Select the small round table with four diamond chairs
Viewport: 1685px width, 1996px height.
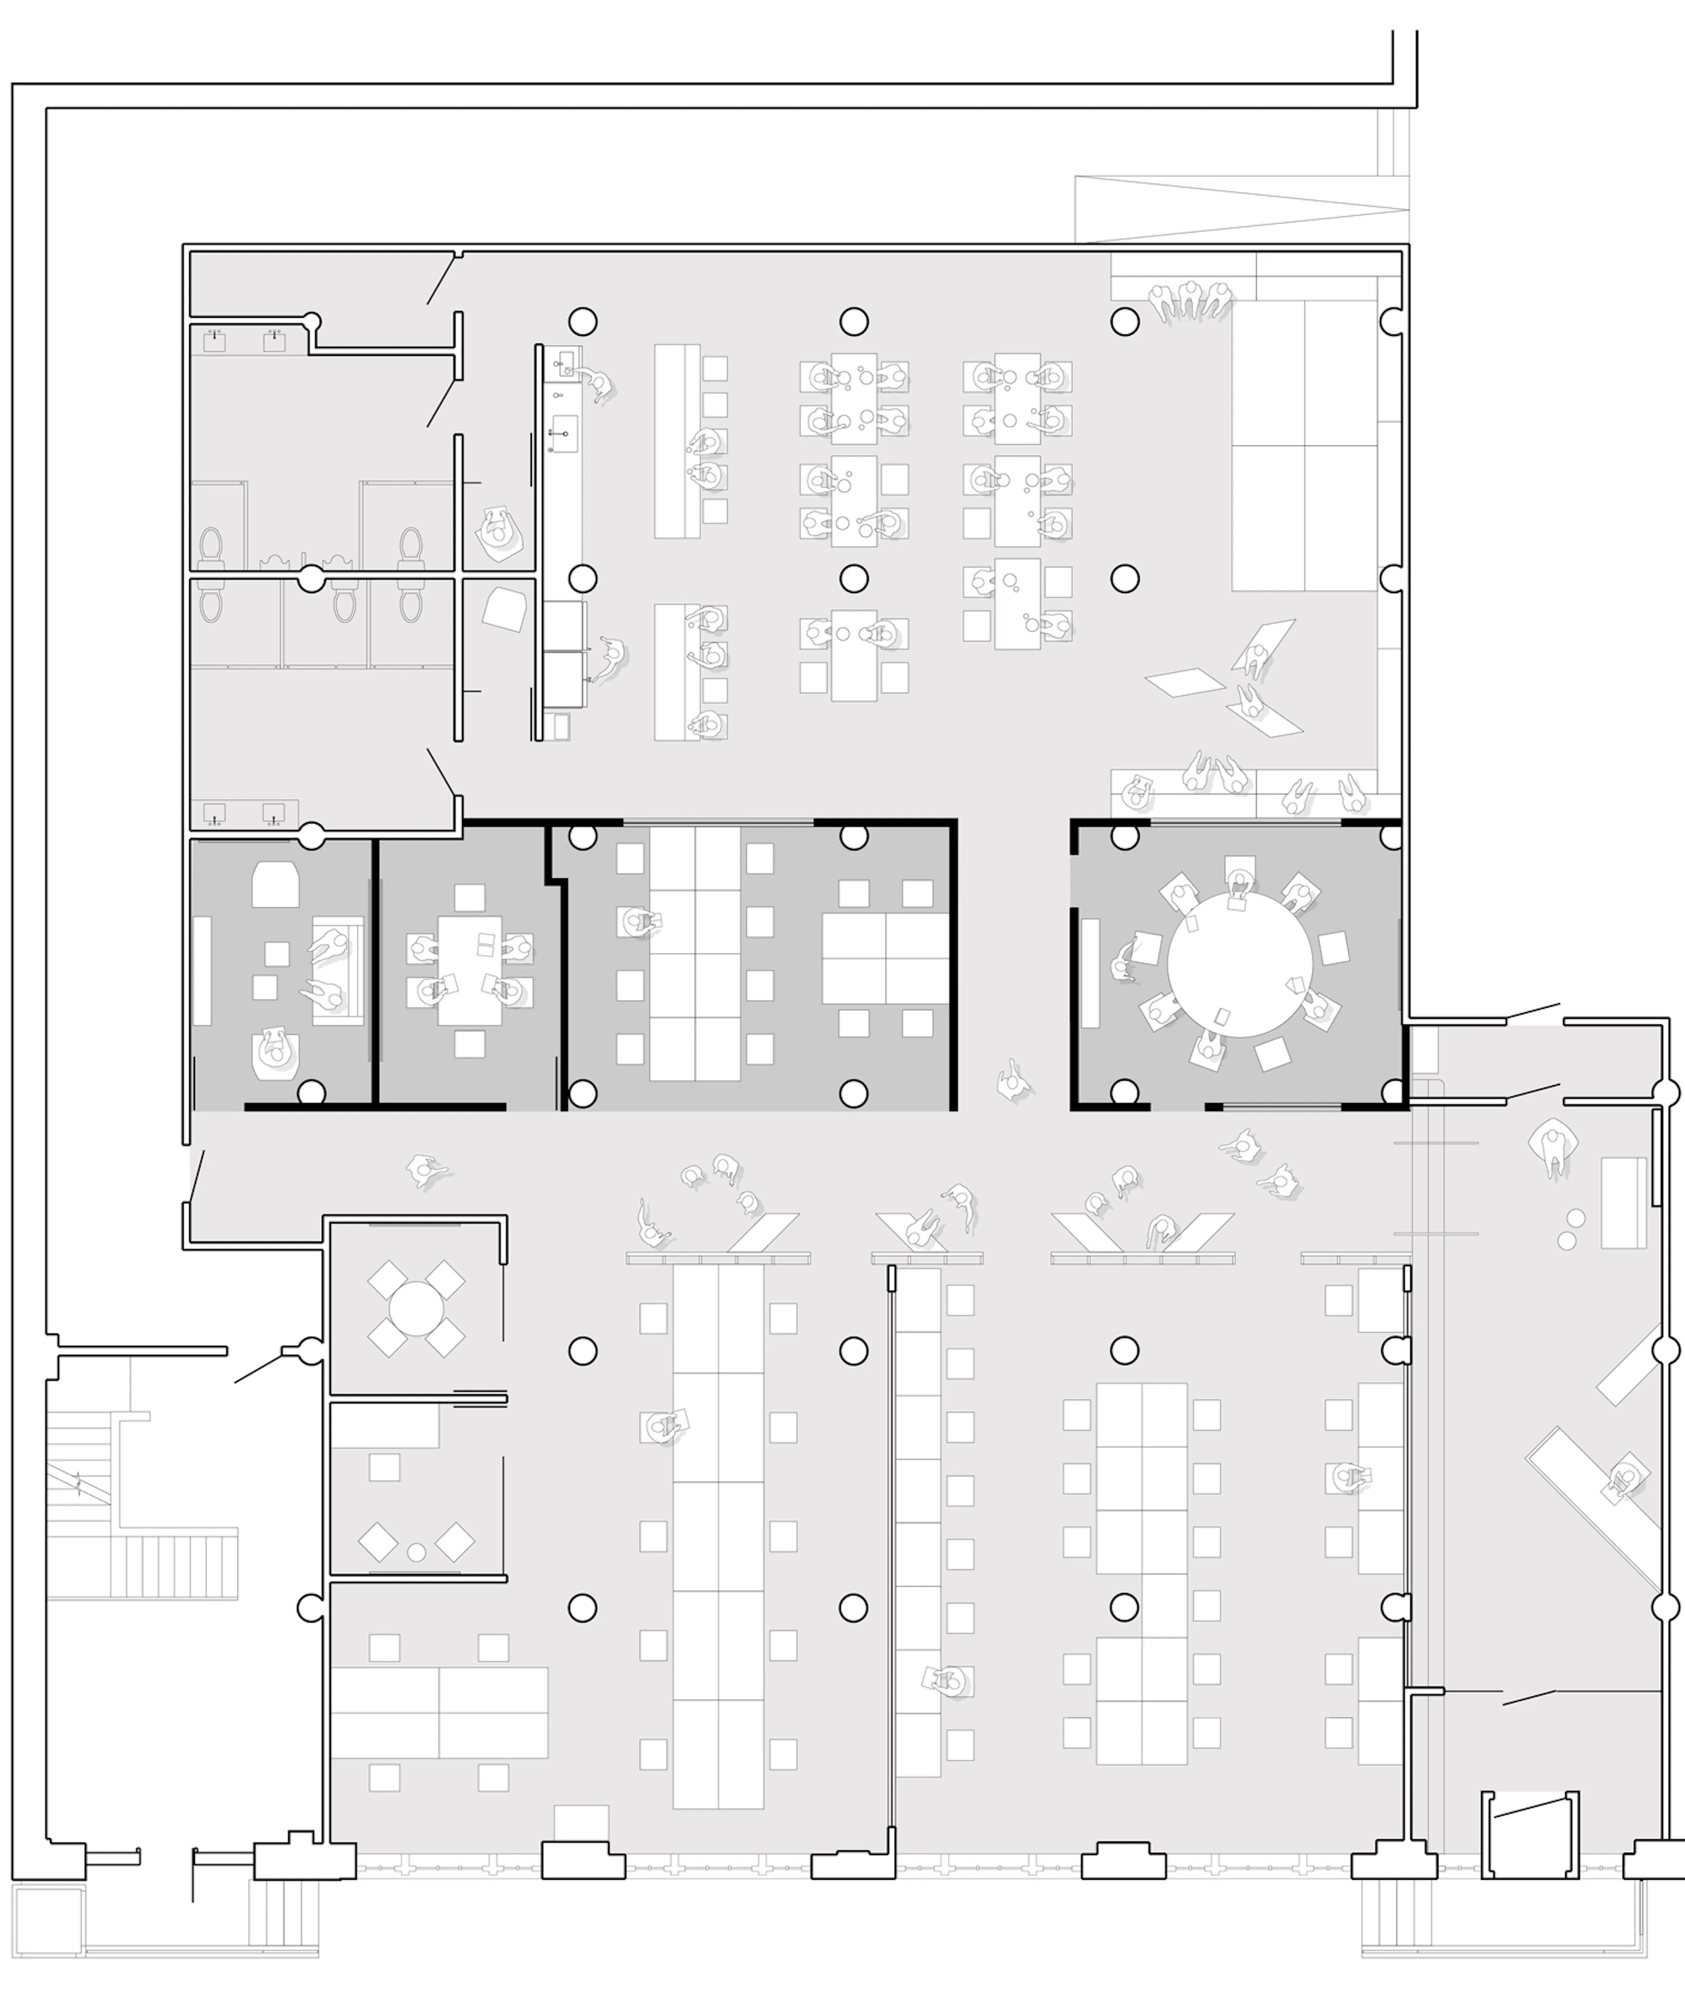[x=416, y=1308]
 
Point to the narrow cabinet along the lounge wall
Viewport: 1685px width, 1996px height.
[x=202, y=971]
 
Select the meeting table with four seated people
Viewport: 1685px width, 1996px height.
[x=469, y=970]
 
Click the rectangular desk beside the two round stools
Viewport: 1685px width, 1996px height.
[x=1623, y=1203]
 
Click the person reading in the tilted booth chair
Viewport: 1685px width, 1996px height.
[x=498, y=530]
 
